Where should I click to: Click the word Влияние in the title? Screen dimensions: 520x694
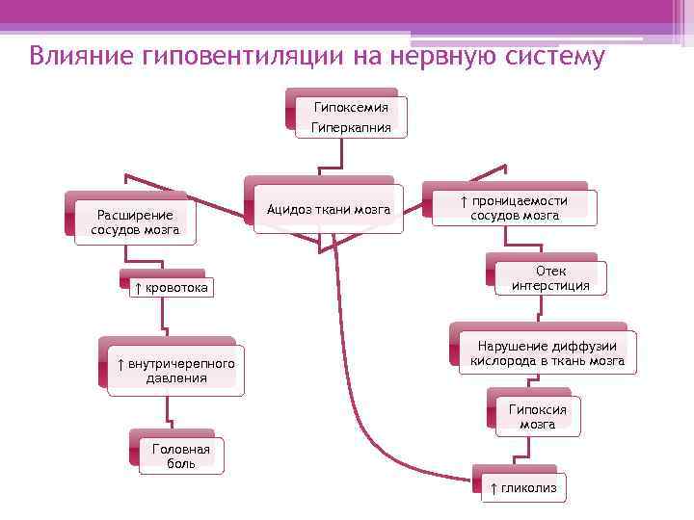click(x=81, y=56)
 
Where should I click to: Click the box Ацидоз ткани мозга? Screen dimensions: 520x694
click(x=328, y=209)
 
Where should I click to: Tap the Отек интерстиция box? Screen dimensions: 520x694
click(x=550, y=278)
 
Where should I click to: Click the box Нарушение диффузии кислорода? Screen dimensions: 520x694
click(x=547, y=354)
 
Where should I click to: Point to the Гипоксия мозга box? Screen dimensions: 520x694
click(x=537, y=416)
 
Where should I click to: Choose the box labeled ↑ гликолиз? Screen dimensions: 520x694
click(x=522, y=488)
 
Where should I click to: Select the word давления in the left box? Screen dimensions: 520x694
click(x=175, y=378)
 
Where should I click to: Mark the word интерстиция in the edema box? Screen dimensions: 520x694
click(x=550, y=286)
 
